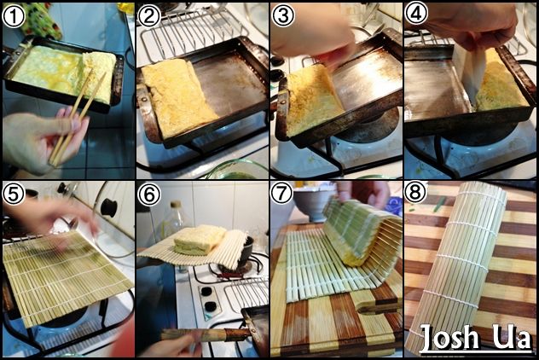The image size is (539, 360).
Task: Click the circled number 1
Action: [x=14, y=16]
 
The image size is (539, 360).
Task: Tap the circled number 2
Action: [x=148, y=16]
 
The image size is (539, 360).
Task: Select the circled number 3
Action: [x=283, y=15]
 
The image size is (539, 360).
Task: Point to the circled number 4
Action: [x=416, y=13]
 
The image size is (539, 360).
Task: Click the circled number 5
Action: [x=14, y=194]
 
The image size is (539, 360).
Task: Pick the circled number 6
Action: [x=149, y=195]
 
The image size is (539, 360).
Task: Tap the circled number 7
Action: [x=282, y=194]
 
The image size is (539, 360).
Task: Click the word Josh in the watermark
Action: [x=449, y=338]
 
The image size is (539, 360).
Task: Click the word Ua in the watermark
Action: [x=513, y=337]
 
